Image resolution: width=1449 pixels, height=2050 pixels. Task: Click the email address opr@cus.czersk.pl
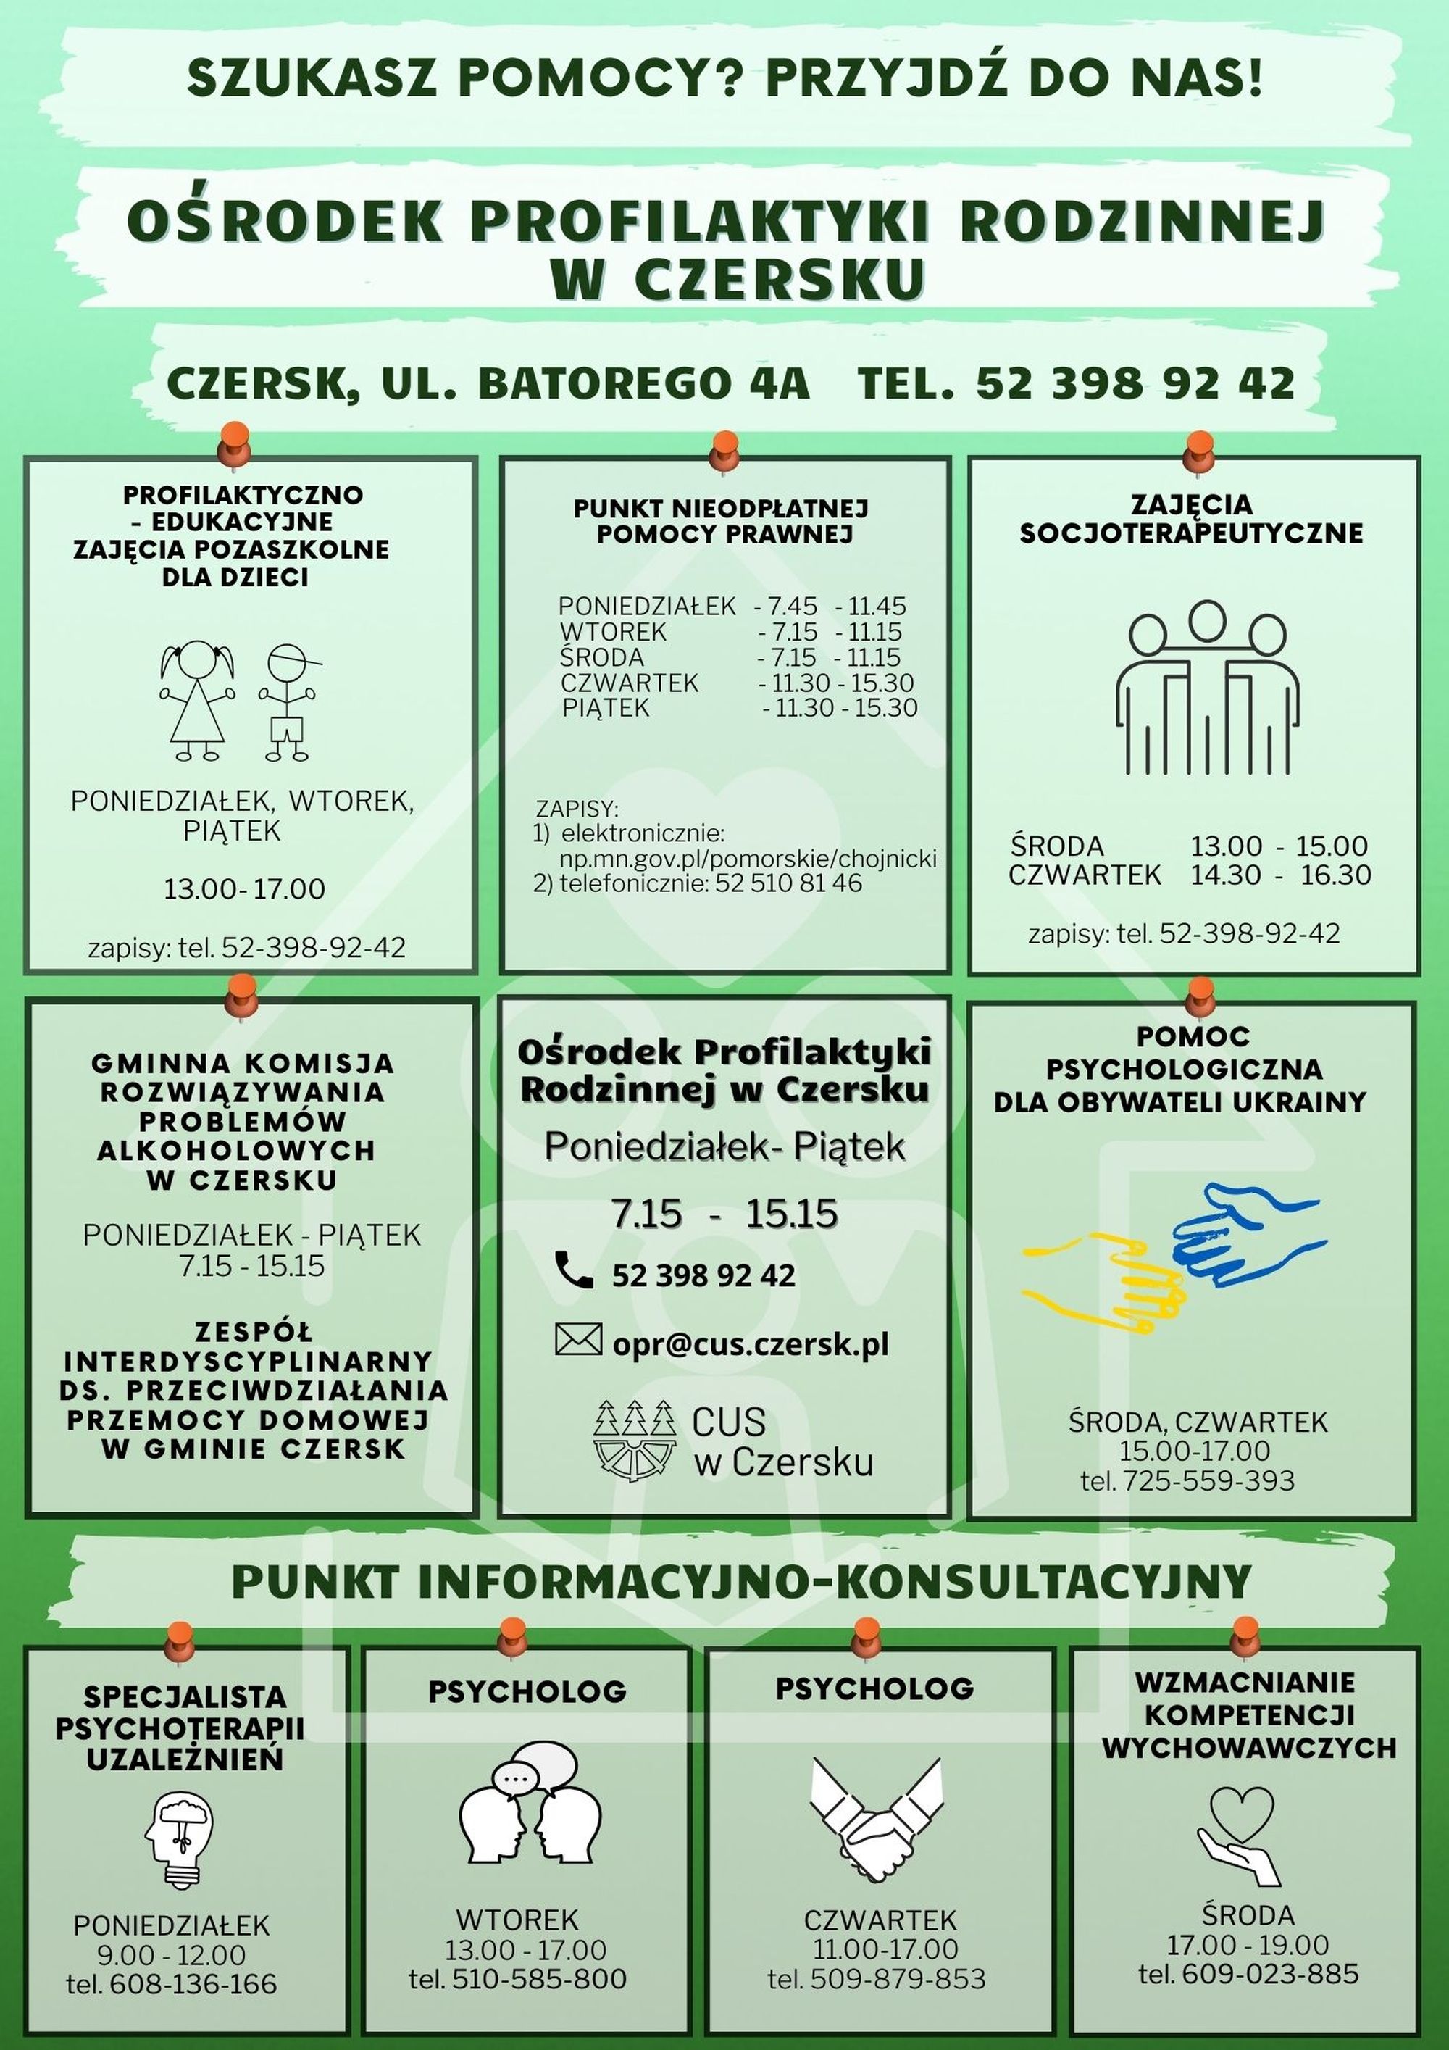(x=750, y=1343)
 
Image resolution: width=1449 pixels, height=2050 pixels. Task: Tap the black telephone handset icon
(x=573, y=1270)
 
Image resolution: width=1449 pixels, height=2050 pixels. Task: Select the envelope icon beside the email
(x=577, y=1339)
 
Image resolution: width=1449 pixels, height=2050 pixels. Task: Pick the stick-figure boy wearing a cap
(x=288, y=701)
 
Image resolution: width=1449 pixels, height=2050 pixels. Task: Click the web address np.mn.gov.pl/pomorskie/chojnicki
(x=748, y=859)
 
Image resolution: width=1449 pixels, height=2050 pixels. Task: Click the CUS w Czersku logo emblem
(x=635, y=1438)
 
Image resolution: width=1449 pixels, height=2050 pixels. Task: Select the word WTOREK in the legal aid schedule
(x=614, y=632)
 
